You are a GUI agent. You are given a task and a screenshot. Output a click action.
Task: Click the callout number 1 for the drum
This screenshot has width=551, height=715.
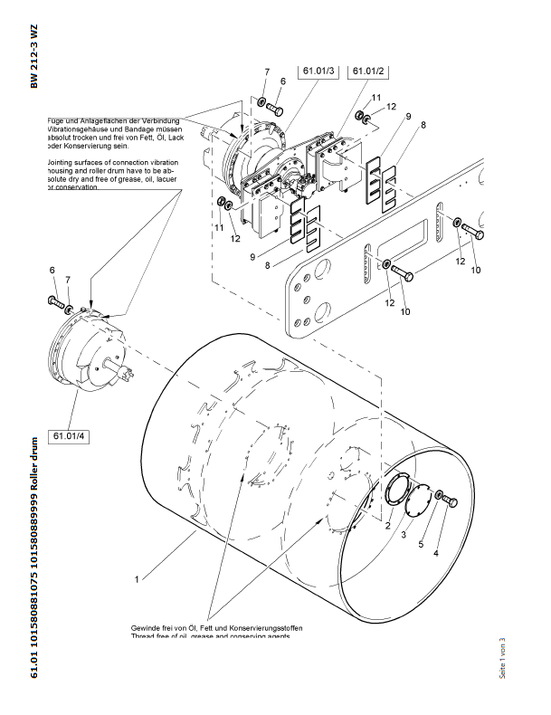137,577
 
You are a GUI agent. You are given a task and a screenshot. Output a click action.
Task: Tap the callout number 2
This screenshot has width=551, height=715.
386,525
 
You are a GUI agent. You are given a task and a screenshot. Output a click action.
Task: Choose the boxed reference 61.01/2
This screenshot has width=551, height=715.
367,71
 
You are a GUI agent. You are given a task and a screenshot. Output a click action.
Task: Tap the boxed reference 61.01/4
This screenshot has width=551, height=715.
69,436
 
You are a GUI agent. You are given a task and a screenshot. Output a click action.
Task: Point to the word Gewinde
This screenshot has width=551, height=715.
147,628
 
